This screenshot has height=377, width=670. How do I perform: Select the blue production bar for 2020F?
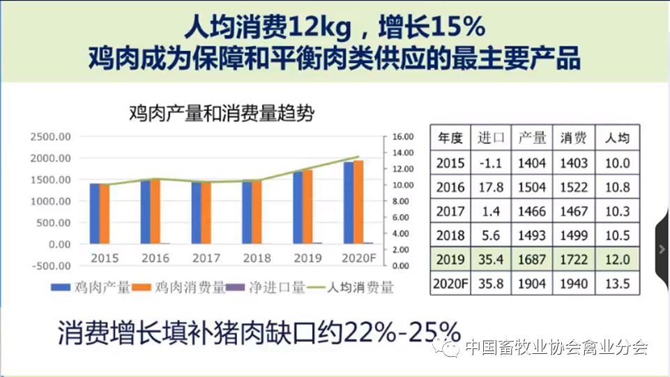click(348, 202)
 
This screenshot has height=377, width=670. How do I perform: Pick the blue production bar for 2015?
click(94, 214)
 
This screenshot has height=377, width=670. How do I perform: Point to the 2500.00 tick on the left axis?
click(51, 137)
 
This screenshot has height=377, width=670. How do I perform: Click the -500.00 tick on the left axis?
click(50, 266)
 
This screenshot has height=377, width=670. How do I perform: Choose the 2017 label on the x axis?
click(206, 258)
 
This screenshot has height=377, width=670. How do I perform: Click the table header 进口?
click(490, 138)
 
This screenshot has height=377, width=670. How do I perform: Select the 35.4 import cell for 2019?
click(490, 260)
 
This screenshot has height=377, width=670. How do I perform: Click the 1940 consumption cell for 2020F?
click(574, 284)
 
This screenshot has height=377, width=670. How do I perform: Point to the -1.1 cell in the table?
click(490, 163)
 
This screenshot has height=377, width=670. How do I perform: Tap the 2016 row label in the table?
click(450, 187)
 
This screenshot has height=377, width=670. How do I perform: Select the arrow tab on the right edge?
click(662, 248)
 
